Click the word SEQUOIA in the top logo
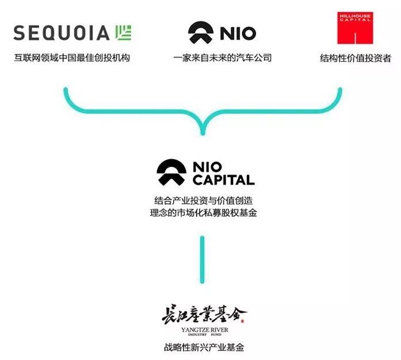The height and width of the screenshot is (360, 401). click(62, 33)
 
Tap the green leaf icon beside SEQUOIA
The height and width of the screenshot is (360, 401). click(123, 33)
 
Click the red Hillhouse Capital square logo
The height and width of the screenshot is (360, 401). click(355, 28)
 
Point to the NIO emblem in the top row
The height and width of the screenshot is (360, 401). click(201, 32)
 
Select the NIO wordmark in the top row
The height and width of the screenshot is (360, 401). click(238, 33)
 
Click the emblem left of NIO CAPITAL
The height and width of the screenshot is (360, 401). click(171, 172)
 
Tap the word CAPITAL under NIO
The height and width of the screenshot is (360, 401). click(224, 180)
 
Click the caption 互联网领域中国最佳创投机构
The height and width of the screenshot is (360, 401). click(72, 58)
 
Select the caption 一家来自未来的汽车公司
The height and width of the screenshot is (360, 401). click(222, 58)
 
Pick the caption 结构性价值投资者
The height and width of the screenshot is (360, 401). click(356, 58)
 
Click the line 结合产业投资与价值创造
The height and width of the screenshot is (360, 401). click(203, 200)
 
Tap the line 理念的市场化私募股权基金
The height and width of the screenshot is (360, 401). click(203, 213)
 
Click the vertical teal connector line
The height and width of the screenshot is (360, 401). click(203, 260)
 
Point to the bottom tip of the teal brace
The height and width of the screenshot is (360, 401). click(203, 134)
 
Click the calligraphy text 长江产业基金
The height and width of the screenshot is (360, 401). click(204, 314)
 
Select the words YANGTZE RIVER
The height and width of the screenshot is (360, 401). click(205, 330)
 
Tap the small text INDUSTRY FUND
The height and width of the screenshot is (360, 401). click(205, 335)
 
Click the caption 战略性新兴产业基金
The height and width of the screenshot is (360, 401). click(204, 347)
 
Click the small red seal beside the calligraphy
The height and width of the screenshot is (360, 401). click(242, 321)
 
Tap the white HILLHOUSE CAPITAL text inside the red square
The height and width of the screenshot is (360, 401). click(355, 17)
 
